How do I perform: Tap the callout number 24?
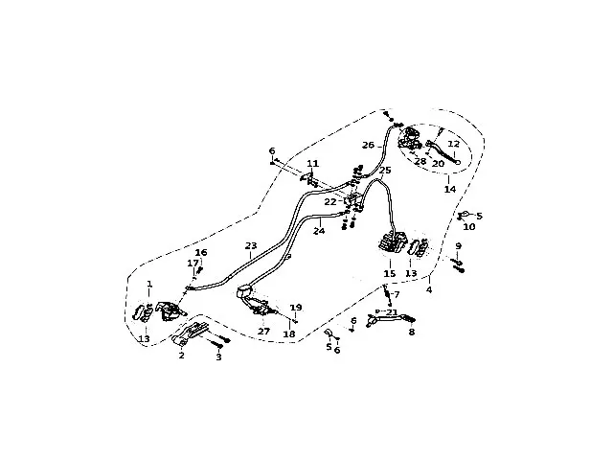[320, 231]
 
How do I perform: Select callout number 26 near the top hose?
[368, 146]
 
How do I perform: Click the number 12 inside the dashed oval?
[455, 143]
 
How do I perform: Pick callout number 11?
[312, 164]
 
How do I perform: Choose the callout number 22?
[329, 202]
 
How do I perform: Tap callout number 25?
[385, 171]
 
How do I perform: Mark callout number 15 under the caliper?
[390, 274]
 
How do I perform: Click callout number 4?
[429, 289]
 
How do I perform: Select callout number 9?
[459, 246]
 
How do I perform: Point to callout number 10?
[469, 227]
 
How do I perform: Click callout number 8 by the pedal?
[412, 333]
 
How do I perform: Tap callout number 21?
[392, 312]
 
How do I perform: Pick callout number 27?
[263, 331]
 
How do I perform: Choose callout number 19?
[296, 308]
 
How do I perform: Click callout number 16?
[201, 252]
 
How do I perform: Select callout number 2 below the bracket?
[181, 355]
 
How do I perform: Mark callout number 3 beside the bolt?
[218, 356]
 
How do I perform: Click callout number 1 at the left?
[149, 284]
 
